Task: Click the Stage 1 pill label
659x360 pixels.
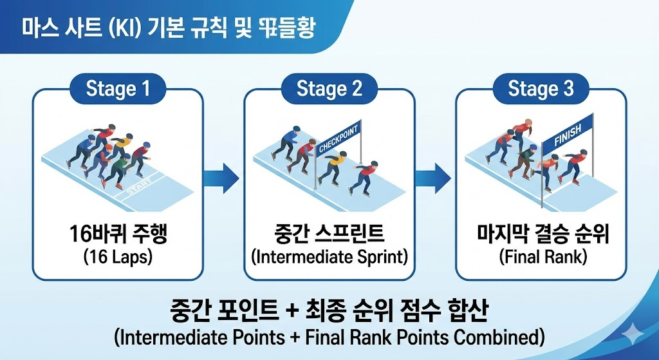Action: (x=117, y=89)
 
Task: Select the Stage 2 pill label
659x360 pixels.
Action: (x=329, y=89)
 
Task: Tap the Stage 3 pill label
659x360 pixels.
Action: (x=541, y=89)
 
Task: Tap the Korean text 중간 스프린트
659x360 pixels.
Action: (x=329, y=234)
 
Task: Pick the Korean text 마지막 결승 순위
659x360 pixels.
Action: (x=541, y=234)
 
